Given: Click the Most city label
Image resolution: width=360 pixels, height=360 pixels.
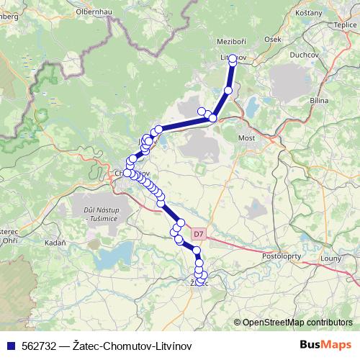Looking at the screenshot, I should click(247, 137).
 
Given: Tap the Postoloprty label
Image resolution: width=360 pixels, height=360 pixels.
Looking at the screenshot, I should click(283, 256).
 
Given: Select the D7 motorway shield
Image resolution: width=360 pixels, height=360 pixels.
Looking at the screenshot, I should click(199, 233).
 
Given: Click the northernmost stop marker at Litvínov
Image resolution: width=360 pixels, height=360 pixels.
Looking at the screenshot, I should click(233, 60).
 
